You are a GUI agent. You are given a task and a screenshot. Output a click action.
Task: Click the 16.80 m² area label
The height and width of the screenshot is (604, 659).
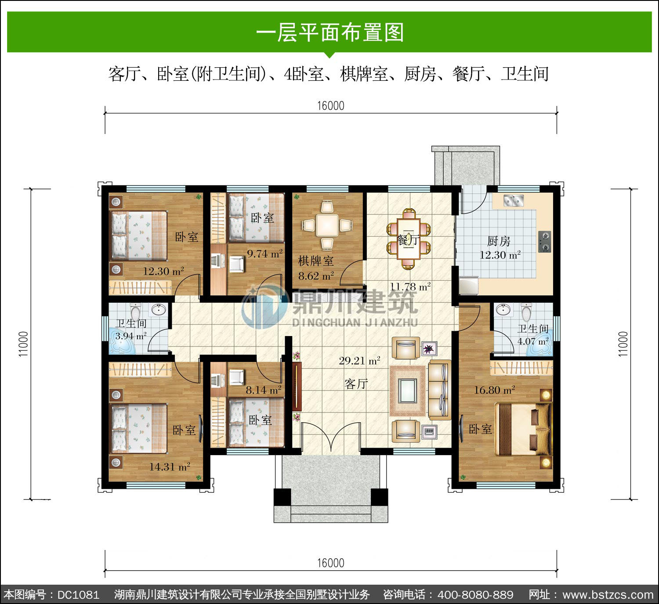[494, 390]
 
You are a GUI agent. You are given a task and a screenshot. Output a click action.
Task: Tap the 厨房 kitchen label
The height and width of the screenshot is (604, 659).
[498, 241]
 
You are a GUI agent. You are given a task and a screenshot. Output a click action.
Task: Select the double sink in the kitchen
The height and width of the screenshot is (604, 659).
[514, 200]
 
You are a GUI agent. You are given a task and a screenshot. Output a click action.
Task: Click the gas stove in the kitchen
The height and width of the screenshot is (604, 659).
[545, 242]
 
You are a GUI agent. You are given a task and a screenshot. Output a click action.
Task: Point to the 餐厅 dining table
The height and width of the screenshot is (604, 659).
[408, 239]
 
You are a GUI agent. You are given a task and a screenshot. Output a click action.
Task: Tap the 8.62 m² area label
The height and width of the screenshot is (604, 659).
[316, 276]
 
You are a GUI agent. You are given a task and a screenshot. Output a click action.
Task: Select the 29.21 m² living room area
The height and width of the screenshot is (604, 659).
[359, 361]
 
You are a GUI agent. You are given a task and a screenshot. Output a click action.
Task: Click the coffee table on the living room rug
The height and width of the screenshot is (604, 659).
[407, 391]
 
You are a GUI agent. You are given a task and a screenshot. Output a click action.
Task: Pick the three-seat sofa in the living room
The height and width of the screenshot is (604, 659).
[439, 390]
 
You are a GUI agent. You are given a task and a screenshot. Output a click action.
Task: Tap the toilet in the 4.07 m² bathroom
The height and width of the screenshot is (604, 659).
[526, 312]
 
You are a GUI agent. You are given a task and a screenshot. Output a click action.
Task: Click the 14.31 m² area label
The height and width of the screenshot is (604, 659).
[170, 467]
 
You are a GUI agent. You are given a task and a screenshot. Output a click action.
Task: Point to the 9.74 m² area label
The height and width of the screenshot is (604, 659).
[265, 254]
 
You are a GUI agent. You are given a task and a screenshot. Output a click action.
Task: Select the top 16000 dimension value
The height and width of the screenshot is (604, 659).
[330, 106]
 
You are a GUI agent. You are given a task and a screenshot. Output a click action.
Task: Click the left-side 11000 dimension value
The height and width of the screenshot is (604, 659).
[23, 344]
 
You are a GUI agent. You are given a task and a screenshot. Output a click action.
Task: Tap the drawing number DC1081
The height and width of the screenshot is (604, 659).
[78, 594]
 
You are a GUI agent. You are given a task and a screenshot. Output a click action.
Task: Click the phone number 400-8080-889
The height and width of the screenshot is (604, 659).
[475, 594]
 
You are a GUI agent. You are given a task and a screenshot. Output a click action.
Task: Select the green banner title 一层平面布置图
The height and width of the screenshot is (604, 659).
[330, 33]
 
